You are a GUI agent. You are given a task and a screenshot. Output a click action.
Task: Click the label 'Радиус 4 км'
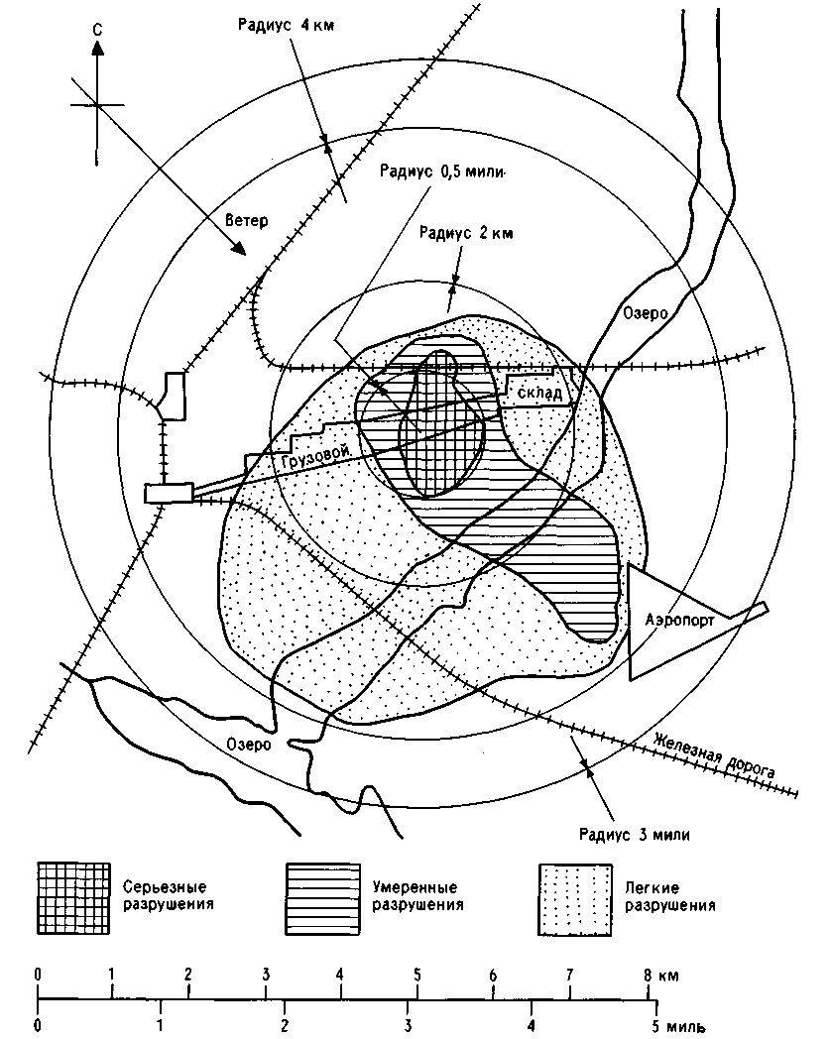pyautogui.click(x=287, y=25)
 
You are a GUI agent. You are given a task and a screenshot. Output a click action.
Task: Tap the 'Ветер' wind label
pyautogui.click(x=247, y=220)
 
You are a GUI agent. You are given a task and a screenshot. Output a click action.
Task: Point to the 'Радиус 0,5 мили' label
pyautogui.click(x=442, y=172)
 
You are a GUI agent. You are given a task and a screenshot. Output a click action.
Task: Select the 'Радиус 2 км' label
pyautogui.click(x=466, y=233)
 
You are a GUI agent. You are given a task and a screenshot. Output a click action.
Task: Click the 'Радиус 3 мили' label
pyautogui.click(x=635, y=835)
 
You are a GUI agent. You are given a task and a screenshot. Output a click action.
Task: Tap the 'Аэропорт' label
pyautogui.click(x=680, y=621)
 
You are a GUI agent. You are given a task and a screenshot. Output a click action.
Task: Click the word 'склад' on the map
pyautogui.click(x=539, y=393)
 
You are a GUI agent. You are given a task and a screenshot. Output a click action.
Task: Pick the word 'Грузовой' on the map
pyautogui.click(x=315, y=458)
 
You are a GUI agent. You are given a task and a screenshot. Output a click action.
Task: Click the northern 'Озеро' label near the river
pyautogui.click(x=646, y=312)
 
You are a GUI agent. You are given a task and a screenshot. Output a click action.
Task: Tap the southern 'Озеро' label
pyautogui.click(x=249, y=745)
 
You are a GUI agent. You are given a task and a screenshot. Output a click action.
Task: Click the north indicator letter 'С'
pyautogui.click(x=98, y=29)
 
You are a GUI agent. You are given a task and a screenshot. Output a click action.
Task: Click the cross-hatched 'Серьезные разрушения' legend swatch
pyautogui.click(x=73, y=898)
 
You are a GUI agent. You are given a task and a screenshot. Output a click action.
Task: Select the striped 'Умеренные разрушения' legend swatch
pyautogui.click(x=322, y=898)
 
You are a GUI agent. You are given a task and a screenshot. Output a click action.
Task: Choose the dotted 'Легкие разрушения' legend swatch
pyautogui.click(x=575, y=899)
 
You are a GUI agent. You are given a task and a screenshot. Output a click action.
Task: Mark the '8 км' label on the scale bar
pyautogui.click(x=660, y=976)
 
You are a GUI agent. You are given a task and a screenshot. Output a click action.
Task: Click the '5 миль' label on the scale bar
pyautogui.click(x=678, y=1026)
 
